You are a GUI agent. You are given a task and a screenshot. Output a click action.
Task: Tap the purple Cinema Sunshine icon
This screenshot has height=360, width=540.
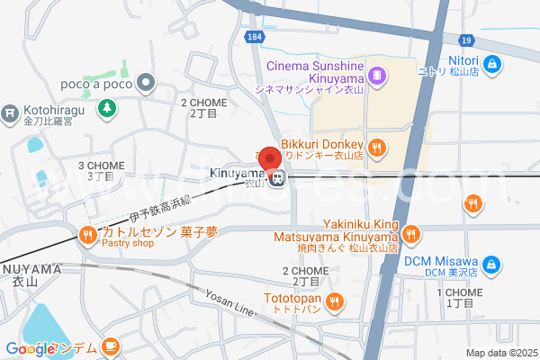(x=378, y=75)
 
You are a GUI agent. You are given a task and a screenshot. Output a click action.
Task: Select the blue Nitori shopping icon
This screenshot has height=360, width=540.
(x=492, y=64)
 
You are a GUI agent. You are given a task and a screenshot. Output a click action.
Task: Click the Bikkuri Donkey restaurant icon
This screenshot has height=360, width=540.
(x=377, y=146)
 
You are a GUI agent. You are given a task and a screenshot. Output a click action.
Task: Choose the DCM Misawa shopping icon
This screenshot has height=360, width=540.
(x=492, y=264)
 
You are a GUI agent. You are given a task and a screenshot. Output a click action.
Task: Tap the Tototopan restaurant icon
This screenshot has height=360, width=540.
(x=335, y=300)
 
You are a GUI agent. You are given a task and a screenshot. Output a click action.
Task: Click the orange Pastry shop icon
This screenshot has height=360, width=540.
(x=87, y=236)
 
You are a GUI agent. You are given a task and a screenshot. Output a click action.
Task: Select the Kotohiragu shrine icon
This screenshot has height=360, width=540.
(x=9, y=114)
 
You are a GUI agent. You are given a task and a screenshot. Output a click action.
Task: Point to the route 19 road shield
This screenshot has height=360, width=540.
(x=465, y=40)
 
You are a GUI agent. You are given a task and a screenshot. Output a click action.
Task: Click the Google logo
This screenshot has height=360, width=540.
(x=31, y=349)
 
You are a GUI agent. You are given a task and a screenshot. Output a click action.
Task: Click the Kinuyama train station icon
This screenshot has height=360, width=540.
(x=279, y=178)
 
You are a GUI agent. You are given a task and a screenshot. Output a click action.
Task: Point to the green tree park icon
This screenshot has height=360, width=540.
(x=107, y=108)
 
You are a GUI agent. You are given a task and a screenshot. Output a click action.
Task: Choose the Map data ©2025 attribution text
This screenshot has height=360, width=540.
(x=501, y=352)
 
